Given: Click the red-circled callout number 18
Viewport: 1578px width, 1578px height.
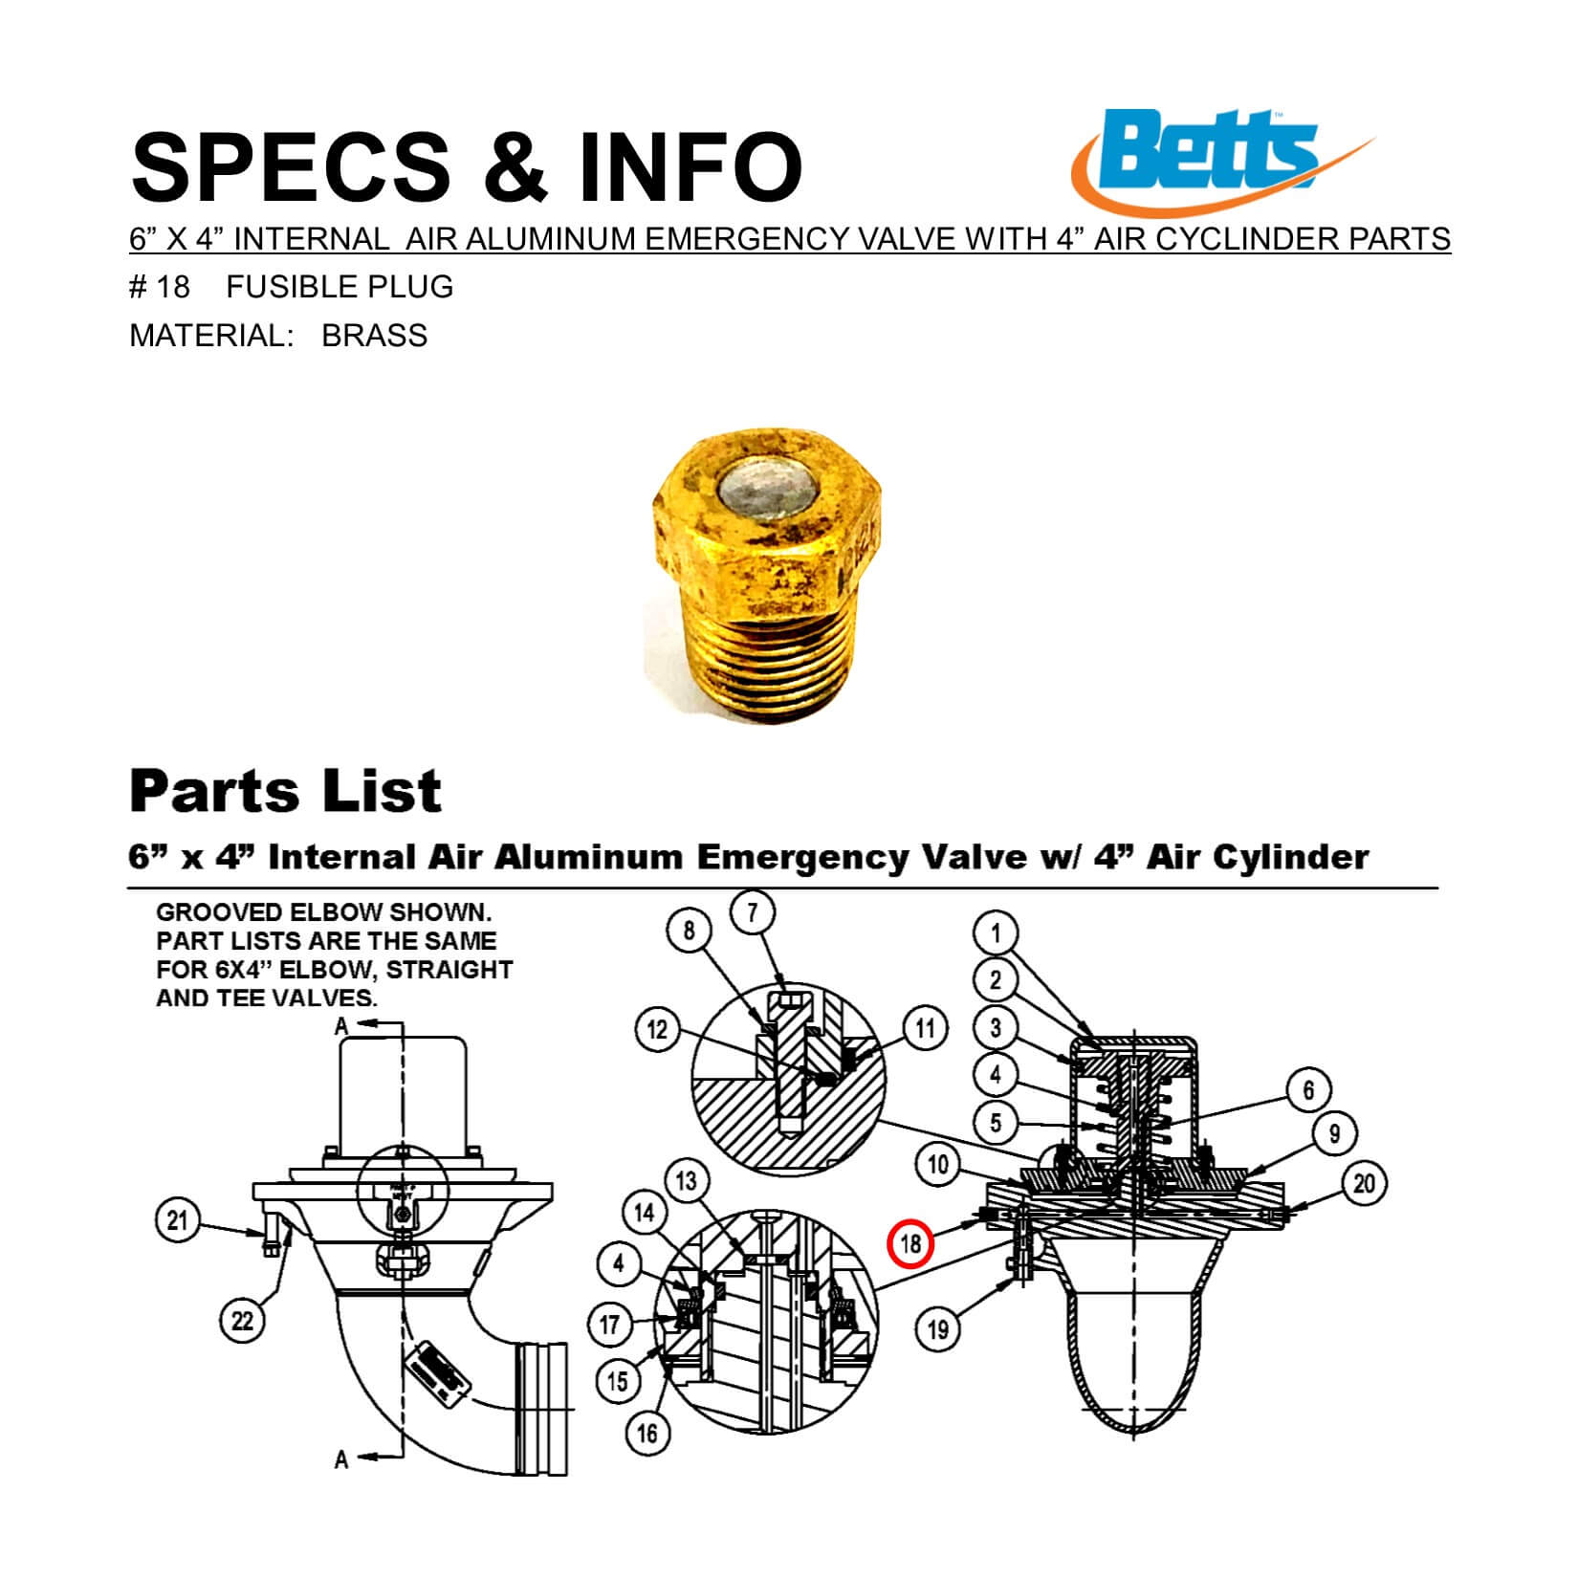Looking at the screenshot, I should click(910, 1243).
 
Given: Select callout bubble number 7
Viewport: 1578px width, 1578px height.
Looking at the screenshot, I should click(753, 913).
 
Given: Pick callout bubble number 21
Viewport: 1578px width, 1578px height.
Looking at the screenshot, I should click(178, 1222).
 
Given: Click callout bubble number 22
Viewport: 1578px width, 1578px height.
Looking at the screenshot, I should click(243, 1321).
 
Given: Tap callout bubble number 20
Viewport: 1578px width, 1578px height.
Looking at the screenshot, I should click(1364, 1184).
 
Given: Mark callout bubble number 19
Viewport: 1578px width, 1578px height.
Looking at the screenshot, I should click(938, 1328).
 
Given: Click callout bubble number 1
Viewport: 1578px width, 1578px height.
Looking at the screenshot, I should click(996, 932).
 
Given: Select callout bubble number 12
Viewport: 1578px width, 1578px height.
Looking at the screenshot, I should click(658, 1030).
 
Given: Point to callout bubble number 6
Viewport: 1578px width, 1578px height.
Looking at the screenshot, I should click(1308, 1089).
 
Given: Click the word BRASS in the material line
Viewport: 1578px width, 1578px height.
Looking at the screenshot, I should click(374, 336).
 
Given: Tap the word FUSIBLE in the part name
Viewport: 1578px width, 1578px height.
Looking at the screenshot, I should click(283, 287).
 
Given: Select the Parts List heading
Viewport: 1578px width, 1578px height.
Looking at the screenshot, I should click(285, 791).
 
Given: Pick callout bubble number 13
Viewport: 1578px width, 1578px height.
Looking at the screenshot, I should click(687, 1181).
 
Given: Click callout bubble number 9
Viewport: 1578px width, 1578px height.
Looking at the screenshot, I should click(1334, 1134).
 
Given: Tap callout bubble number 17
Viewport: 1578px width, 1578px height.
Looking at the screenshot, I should click(610, 1326).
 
